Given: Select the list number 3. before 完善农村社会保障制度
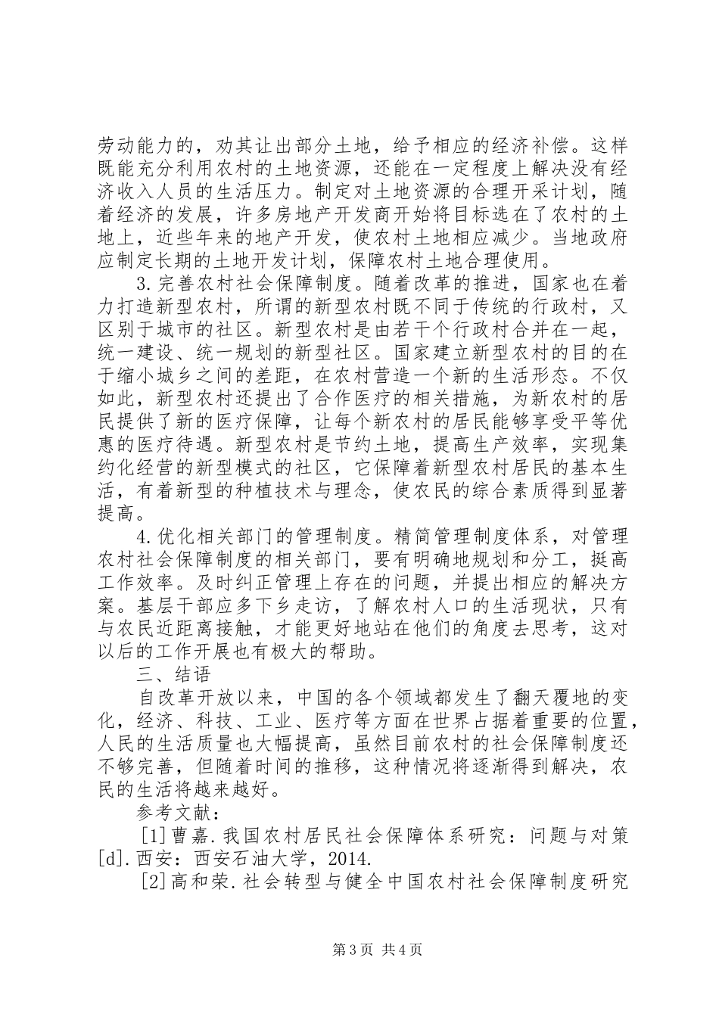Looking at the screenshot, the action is click(x=144, y=285).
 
